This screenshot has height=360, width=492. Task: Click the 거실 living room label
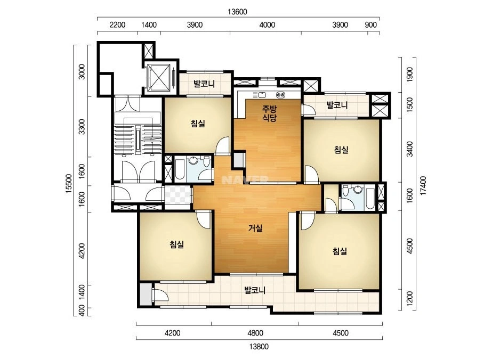click(255, 228)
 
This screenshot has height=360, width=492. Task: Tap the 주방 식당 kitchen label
click(270, 113)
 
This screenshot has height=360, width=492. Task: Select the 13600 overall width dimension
click(238, 12)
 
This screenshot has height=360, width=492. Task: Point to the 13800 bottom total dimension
click(259, 347)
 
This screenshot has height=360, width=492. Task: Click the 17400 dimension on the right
click(423, 186)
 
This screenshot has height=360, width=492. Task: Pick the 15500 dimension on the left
click(69, 183)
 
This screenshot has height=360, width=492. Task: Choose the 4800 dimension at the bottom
click(255, 333)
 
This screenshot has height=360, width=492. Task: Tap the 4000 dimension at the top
click(268, 25)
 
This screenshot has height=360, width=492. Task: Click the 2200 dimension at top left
click(117, 25)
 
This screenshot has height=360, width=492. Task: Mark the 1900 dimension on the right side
click(409, 75)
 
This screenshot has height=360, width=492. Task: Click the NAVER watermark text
click(245, 180)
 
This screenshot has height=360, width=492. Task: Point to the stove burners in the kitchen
click(280, 95)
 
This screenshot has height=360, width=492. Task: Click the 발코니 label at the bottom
click(255, 290)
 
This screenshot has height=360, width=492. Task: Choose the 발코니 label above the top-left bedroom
click(204, 84)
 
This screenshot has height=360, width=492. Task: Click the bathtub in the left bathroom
click(180, 169)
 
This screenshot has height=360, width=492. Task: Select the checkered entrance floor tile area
click(178, 195)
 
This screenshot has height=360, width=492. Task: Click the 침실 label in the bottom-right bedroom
click(340, 251)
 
